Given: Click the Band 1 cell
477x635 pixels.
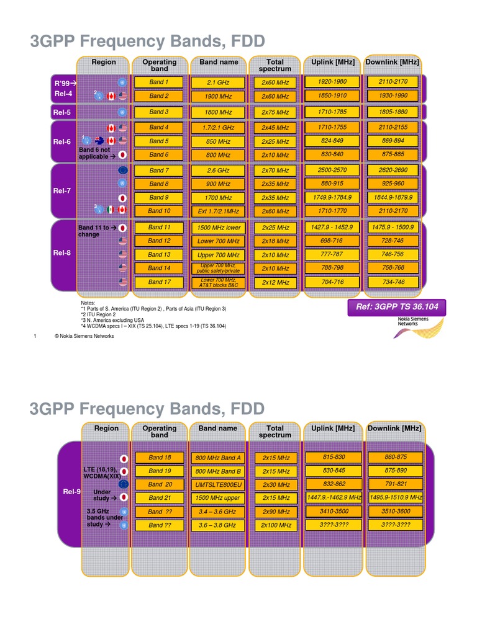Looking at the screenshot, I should [x=158, y=82].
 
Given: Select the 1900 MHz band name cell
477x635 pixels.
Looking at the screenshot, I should [x=218, y=97].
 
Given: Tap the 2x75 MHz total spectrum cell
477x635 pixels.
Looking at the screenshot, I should [x=275, y=112].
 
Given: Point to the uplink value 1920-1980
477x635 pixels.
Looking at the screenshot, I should [x=332, y=82].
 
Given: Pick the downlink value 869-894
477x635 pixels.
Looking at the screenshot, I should [x=392, y=141].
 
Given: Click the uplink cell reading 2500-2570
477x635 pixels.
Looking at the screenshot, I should [x=332, y=170].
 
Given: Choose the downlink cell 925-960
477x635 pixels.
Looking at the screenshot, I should [x=392, y=184].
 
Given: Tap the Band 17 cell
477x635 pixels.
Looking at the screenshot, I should [x=158, y=282].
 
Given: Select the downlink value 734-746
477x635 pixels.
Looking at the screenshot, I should [x=392, y=282].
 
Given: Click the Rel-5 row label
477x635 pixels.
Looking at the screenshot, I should [x=62, y=112].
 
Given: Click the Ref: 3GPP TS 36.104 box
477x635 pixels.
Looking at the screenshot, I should [x=397, y=307].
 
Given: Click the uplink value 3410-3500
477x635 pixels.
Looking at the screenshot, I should [x=334, y=512].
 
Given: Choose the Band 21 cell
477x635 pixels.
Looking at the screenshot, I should [x=159, y=498].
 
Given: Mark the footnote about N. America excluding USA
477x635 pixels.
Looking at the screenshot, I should [x=113, y=320].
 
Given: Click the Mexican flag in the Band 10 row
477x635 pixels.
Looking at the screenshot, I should [x=111, y=210].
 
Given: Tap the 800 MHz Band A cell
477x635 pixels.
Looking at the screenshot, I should [x=218, y=458].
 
